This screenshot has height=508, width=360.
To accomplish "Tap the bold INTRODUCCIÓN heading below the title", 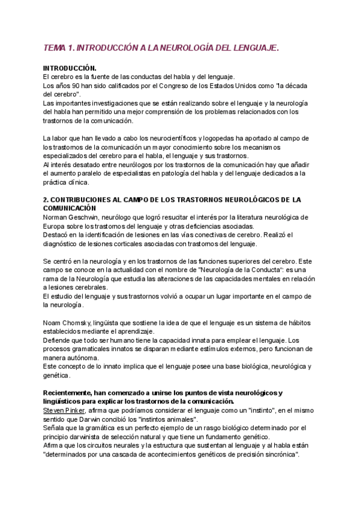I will (70, 69).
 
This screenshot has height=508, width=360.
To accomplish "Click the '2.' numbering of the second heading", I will (46, 199).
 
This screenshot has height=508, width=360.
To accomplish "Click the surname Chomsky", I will (82, 323).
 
